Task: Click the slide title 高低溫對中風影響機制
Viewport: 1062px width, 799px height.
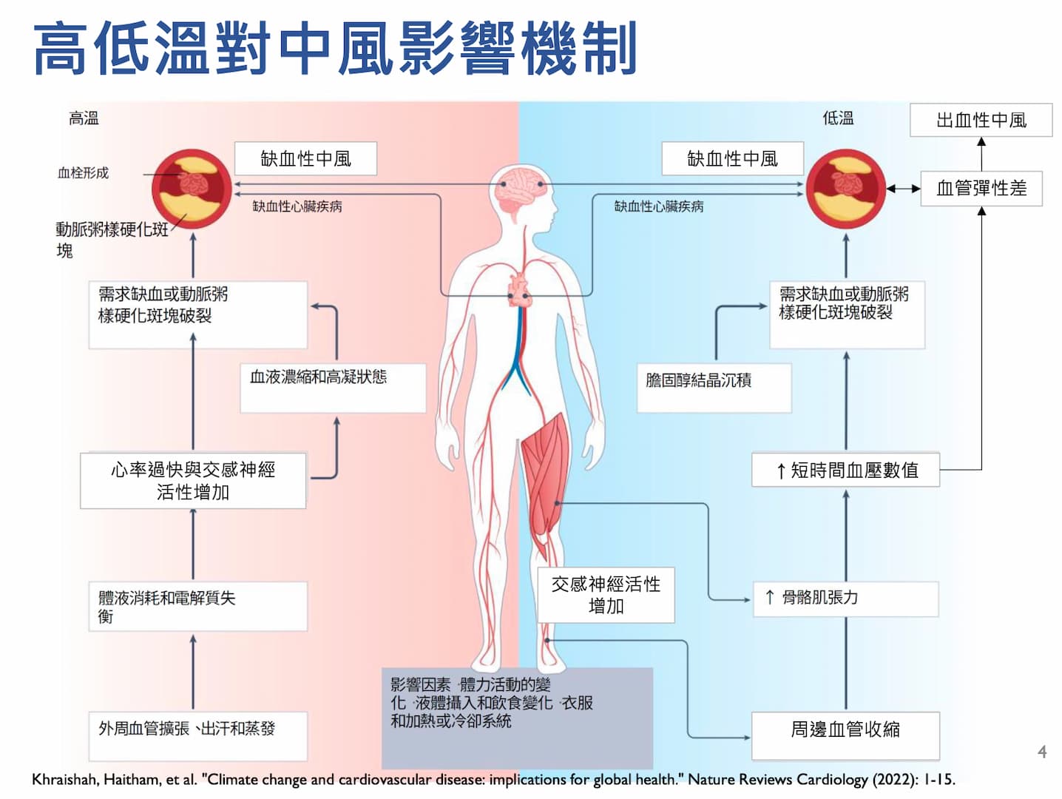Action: pyautogui.click(x=335, y=49)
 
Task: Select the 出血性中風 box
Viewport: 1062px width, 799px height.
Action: pyautogui.click(x=981, y=120)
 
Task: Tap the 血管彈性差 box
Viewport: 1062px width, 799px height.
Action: pyautogui.click(x=981, y=188)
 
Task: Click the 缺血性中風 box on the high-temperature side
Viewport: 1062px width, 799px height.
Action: pyautogui.click(x=305, y=158)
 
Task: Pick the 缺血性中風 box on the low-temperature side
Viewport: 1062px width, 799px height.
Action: pyautogui.click(x=732, y=158)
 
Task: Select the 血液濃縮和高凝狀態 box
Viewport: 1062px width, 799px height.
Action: pyautogui.click(x=333, y=387)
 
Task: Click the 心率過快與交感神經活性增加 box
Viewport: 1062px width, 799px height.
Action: pyautogui.click(x=193, y=480)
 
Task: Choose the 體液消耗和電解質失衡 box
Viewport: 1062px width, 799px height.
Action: pyautogui.click(x=197, y=606)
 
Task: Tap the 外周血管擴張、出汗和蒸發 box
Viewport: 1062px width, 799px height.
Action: pyautogui.click(x=197, y=735)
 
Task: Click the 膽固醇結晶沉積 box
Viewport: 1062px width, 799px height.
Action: pyautogui.click(x=714, y=387)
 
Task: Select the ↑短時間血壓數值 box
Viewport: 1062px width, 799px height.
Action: pyautogui.click(x=845, y=470)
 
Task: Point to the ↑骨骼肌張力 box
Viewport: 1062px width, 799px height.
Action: pyautogui.click(x=845, y=599)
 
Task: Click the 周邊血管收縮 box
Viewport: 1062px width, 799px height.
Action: pyautogui.click(x=845, y=735)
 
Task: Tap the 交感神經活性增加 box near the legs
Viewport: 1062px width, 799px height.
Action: pyautogui.click(x=606, y=595)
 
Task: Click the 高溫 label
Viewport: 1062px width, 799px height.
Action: pyautogui.click(x=84, y=118)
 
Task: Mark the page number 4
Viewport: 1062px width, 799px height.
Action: pyautogui.click(x=1042, y=752)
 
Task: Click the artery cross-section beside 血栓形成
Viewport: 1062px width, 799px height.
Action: pyautogui.click(x=192, y=189)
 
